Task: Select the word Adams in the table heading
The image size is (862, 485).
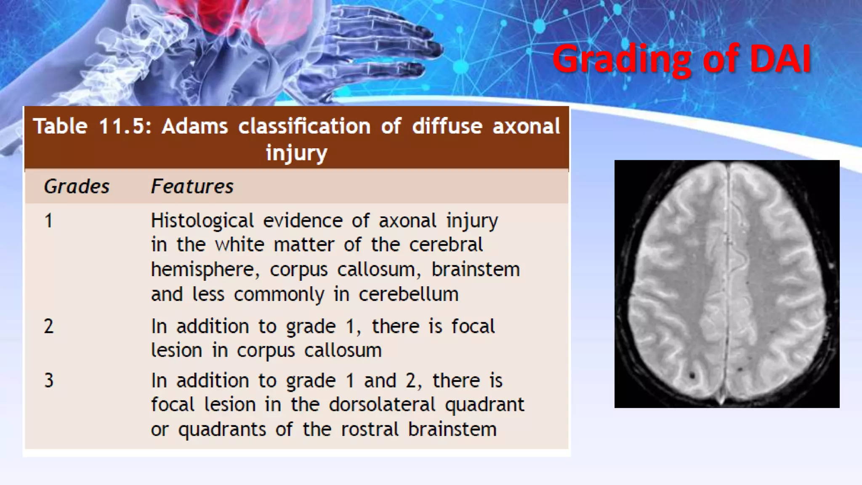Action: point(194,126)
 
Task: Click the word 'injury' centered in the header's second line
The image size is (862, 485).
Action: point(296,152)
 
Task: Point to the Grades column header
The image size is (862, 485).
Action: point(77,187)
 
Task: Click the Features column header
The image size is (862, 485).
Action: point(192,187)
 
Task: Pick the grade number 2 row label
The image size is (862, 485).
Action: point(49,327)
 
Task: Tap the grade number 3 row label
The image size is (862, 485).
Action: point(49,381)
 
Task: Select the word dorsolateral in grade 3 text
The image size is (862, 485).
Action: point(382,405)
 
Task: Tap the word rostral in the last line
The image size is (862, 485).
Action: point(369,429)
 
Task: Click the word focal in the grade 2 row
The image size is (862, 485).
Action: point(473,327)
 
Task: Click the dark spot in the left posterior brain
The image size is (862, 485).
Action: point(692,374)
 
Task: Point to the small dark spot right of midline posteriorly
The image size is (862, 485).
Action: point(740,370)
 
